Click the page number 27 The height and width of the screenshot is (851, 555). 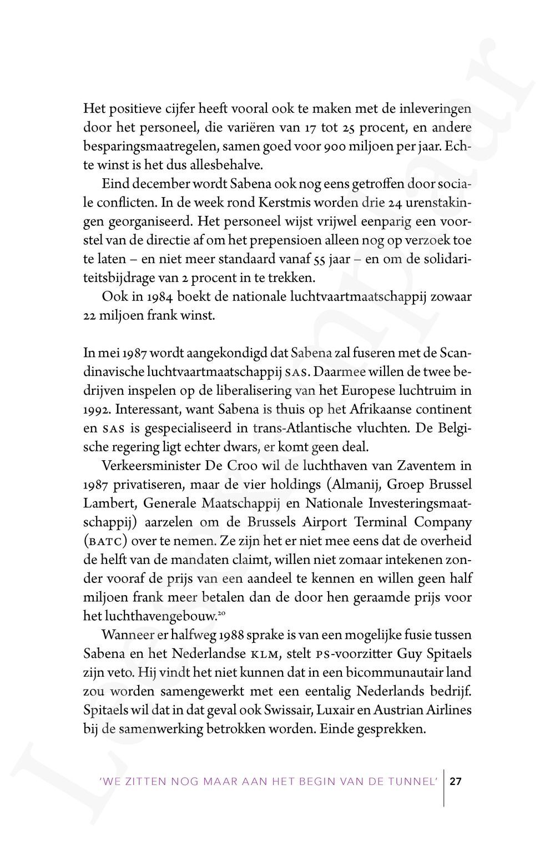[456, 782]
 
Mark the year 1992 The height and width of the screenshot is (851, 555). [95, 409]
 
